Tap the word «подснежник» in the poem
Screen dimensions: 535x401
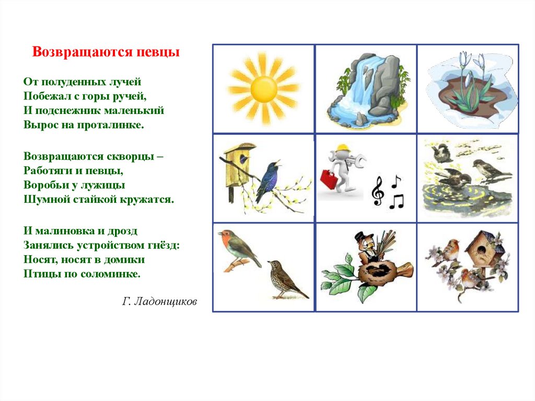68,110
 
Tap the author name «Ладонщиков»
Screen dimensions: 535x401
165,301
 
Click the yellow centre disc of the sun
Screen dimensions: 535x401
264,89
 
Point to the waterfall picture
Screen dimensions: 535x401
366,89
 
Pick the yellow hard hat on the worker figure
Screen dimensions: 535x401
343,148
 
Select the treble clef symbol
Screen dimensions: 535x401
378,191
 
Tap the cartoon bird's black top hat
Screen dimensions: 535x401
361,237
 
